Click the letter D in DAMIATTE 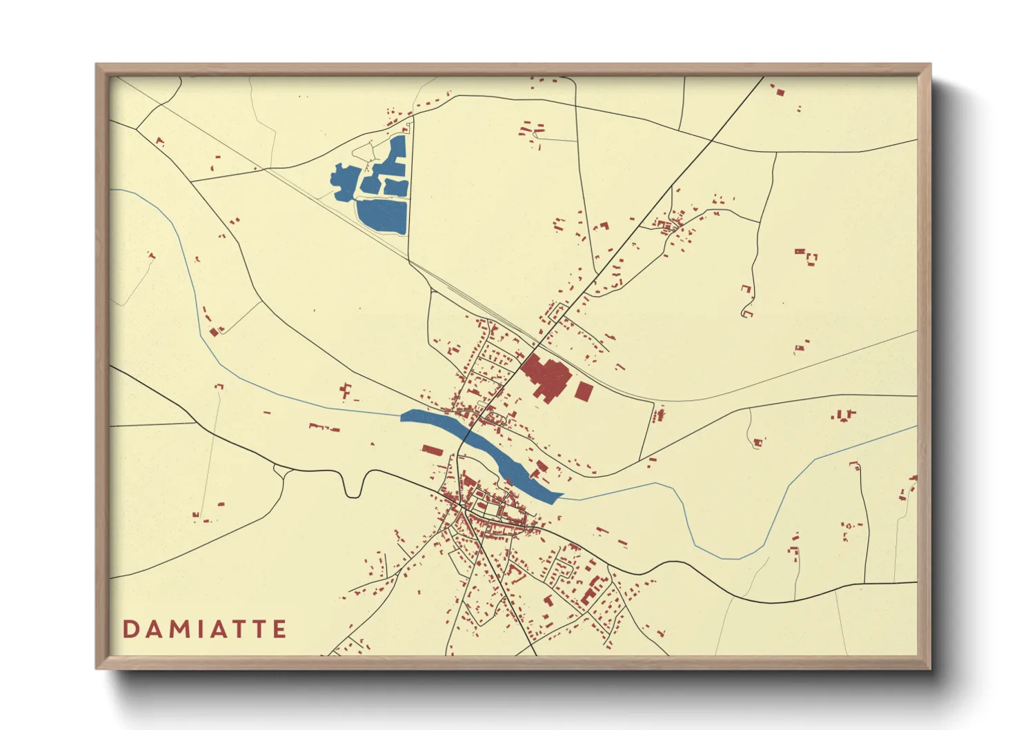point(130,629)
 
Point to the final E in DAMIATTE point(279,629)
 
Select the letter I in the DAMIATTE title point(204,629)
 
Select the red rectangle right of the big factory point(584,391)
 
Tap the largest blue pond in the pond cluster point(381,215)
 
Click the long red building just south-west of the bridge point(432,451)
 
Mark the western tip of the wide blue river point(402,416)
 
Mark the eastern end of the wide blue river point(560,496)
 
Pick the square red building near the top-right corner point(780,91)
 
